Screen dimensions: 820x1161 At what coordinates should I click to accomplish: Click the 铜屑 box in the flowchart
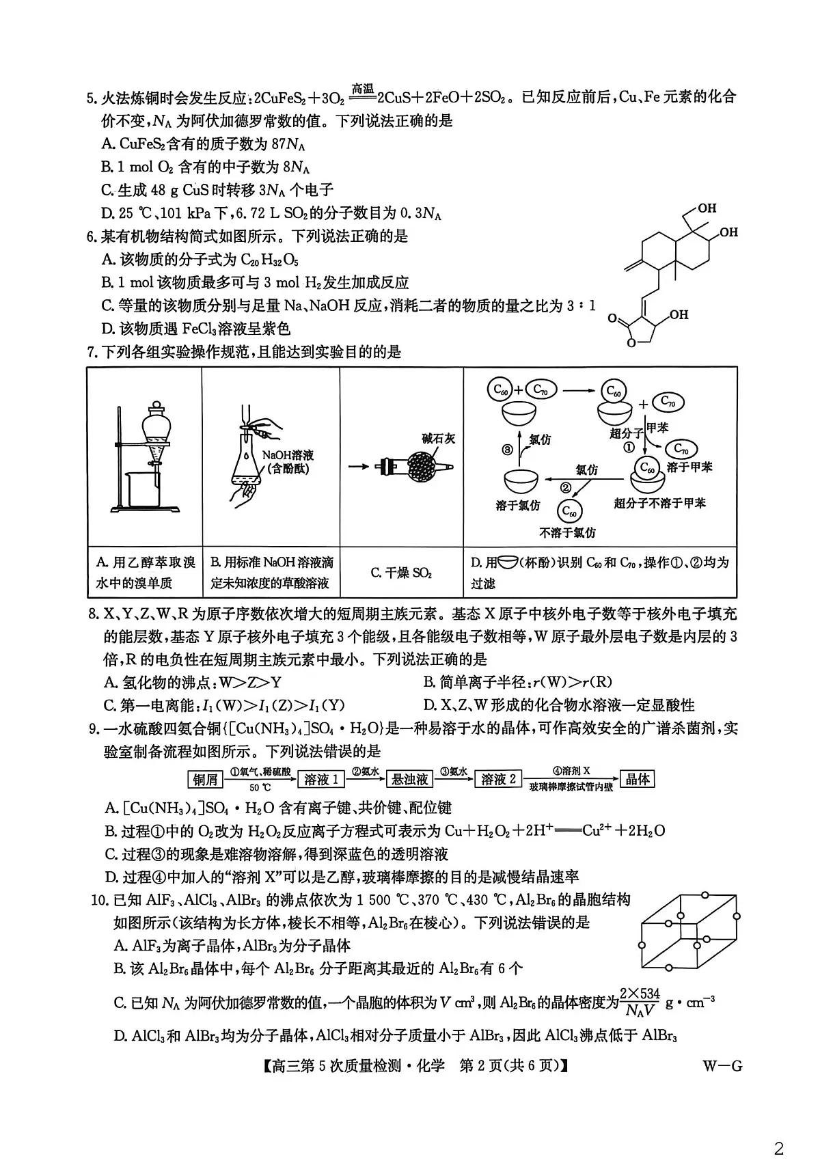[205, 779]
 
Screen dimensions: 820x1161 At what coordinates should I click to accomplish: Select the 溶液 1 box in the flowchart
[320, 779]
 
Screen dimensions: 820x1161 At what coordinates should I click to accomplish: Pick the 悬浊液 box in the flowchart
[409, 779]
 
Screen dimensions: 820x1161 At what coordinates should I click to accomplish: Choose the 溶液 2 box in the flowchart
[497, 779]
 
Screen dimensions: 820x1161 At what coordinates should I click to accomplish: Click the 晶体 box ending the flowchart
[637, 779]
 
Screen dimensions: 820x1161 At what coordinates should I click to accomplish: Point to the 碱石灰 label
[438, 439]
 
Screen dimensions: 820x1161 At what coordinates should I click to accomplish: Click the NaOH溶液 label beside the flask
[288, 454]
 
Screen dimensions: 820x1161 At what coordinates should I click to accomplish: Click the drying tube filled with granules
[414, 467]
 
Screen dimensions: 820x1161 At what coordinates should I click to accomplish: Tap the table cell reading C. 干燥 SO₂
[401, 573]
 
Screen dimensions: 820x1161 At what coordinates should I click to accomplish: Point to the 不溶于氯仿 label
[567, 532]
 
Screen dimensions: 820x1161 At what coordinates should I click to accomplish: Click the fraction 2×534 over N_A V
[640, 1002]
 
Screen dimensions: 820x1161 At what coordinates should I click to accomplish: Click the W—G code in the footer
[722, 1065]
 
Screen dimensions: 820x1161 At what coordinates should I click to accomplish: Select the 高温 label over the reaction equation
[362, 89]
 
